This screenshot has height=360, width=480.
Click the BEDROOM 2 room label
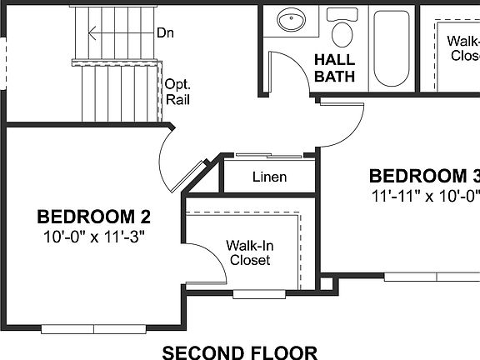pos(93,217)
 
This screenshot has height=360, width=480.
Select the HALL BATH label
pos(334,68)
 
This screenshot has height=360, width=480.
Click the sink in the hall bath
pos(291,21)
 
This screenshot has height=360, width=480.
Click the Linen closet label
pos(269,177)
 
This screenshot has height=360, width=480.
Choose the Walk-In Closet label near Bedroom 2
pos(250,252)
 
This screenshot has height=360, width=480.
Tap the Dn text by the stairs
pos(165,33)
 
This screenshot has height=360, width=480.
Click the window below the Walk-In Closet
pos(250,294)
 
